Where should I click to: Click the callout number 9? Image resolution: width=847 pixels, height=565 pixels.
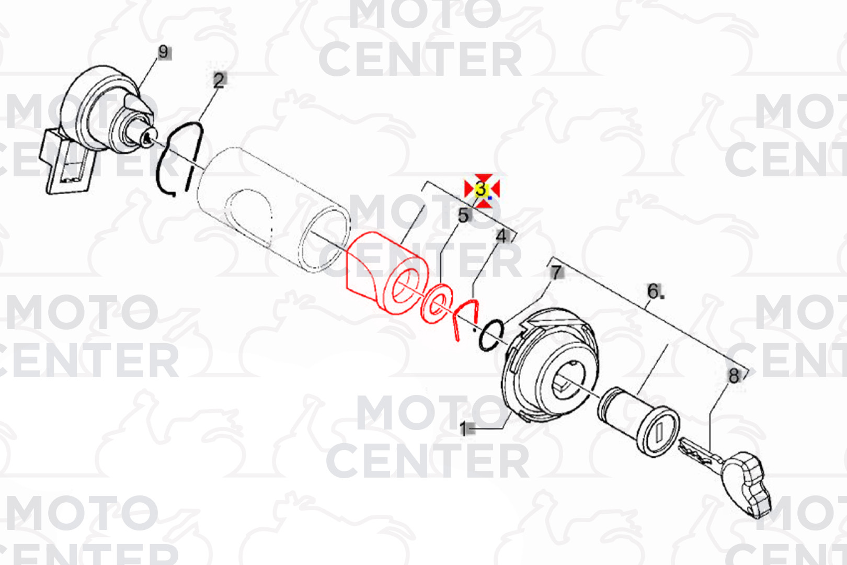tap(163, 52)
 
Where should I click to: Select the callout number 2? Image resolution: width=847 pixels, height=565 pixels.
tap(219, 80)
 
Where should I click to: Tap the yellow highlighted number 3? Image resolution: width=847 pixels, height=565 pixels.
tap(480, 189)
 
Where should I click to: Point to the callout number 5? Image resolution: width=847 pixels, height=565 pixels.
tap(463, 216)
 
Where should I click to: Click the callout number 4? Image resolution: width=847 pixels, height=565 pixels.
tap(501, 236)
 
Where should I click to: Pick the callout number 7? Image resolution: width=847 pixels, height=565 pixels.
tap(555, 272)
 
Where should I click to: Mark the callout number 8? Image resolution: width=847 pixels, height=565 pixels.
tap(734, 376)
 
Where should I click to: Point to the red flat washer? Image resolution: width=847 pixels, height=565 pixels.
tap(437, 303)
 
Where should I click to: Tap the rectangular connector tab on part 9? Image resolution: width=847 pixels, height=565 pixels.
tap(68, 163)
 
